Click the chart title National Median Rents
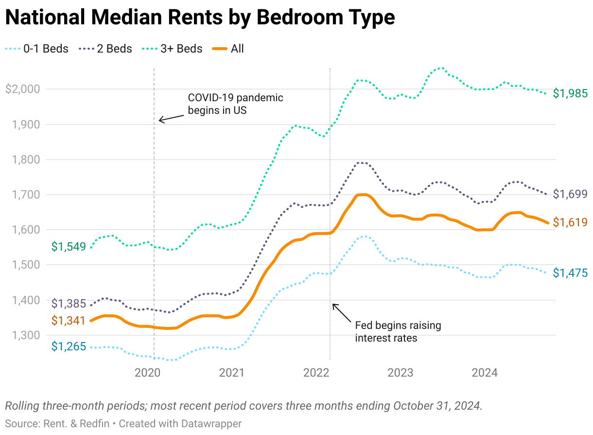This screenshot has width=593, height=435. click(199, 18)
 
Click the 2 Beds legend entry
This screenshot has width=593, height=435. click(105, 49)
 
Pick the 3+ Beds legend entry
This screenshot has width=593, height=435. click(173, 49)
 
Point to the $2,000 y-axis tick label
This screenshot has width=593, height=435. click(24, 89)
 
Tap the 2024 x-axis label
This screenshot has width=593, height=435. click(485, 373)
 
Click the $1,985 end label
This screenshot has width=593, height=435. click(570, 94)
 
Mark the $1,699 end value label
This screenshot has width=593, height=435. click(570, 194)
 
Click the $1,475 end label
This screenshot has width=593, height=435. click(570, 273)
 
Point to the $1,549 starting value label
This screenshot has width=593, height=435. click(69, 247)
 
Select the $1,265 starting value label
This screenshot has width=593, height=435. click(69, 346)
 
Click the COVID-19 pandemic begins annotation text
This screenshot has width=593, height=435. click(235, 104)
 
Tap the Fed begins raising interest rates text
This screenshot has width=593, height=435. click(398, 331)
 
